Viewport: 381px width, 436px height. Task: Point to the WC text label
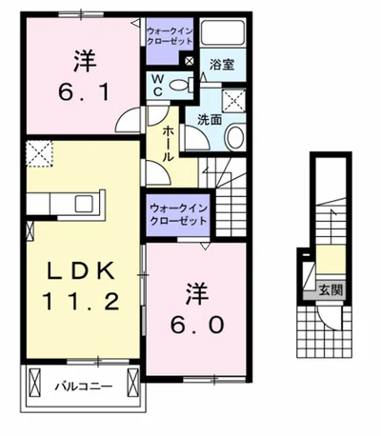[155, 84]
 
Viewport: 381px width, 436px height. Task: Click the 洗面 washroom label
[211, 120]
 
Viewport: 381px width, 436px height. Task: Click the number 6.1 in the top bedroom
[83, 93]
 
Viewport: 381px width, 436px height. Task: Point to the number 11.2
[81, 305]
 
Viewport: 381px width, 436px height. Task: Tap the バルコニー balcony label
[82, 388]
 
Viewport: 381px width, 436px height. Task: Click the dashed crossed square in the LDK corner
[39, 153]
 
